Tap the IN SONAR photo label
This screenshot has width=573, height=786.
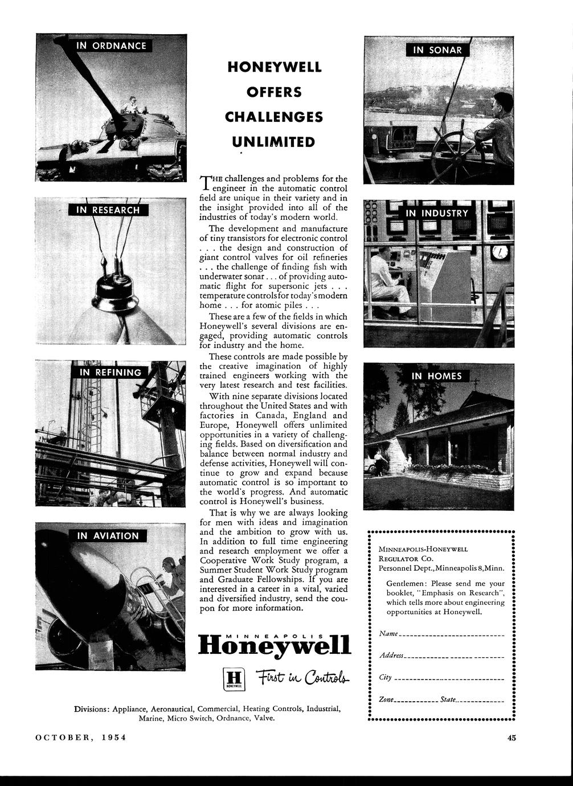[437, 50]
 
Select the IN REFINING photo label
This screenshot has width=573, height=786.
[110, 372]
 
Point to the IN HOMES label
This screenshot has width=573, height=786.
[437, 376]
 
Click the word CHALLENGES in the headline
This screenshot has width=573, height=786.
[274, 117]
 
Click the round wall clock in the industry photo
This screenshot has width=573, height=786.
[500, 251]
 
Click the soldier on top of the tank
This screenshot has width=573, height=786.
[131, 105]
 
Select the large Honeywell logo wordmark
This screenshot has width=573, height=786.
[275, 646]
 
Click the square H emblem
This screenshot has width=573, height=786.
[232, 678]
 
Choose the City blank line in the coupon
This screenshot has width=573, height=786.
[449, 679]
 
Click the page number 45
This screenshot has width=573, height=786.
[511, 738]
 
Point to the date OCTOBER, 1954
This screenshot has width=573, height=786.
[80, 738]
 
